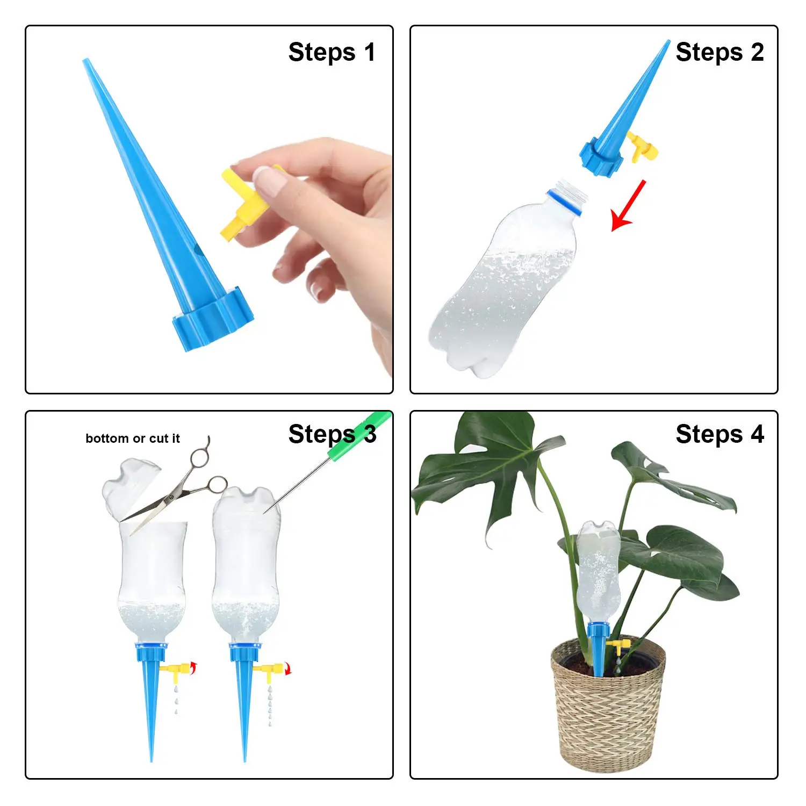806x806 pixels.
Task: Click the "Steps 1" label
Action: tap(332, 53)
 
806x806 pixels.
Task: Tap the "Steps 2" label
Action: tap(719, 53)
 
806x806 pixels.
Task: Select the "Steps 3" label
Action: tap(332, 434)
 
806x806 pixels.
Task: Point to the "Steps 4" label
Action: tap(719, 434)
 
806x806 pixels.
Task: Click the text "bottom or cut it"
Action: tap(132, 438)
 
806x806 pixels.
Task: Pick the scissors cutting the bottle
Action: tap(177, 489)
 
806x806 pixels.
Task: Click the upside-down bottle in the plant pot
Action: tap(598, 570)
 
